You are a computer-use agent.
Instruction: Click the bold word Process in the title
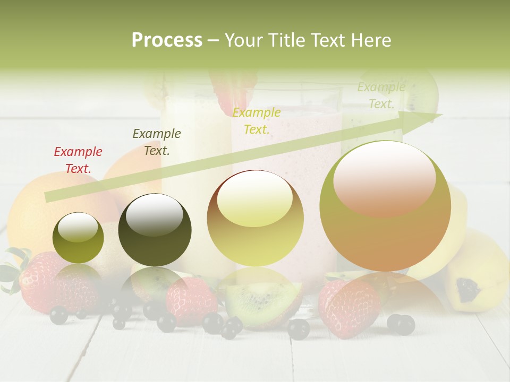(167, 40)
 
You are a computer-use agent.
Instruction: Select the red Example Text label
(78, 160)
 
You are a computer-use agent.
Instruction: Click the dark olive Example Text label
(156, 142)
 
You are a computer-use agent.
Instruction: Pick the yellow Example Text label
(257, 120)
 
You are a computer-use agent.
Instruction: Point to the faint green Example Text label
(381, 95)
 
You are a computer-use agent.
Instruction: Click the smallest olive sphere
(78, 238)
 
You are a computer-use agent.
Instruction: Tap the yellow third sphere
(255, 219)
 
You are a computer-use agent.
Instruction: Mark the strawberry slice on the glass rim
(229, 90)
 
